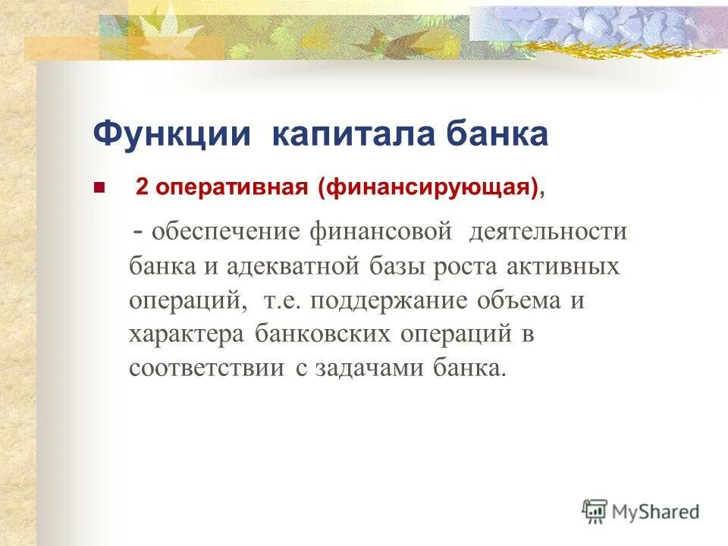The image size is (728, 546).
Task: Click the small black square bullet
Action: point(97,187)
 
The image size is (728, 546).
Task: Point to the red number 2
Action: point(142,188)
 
